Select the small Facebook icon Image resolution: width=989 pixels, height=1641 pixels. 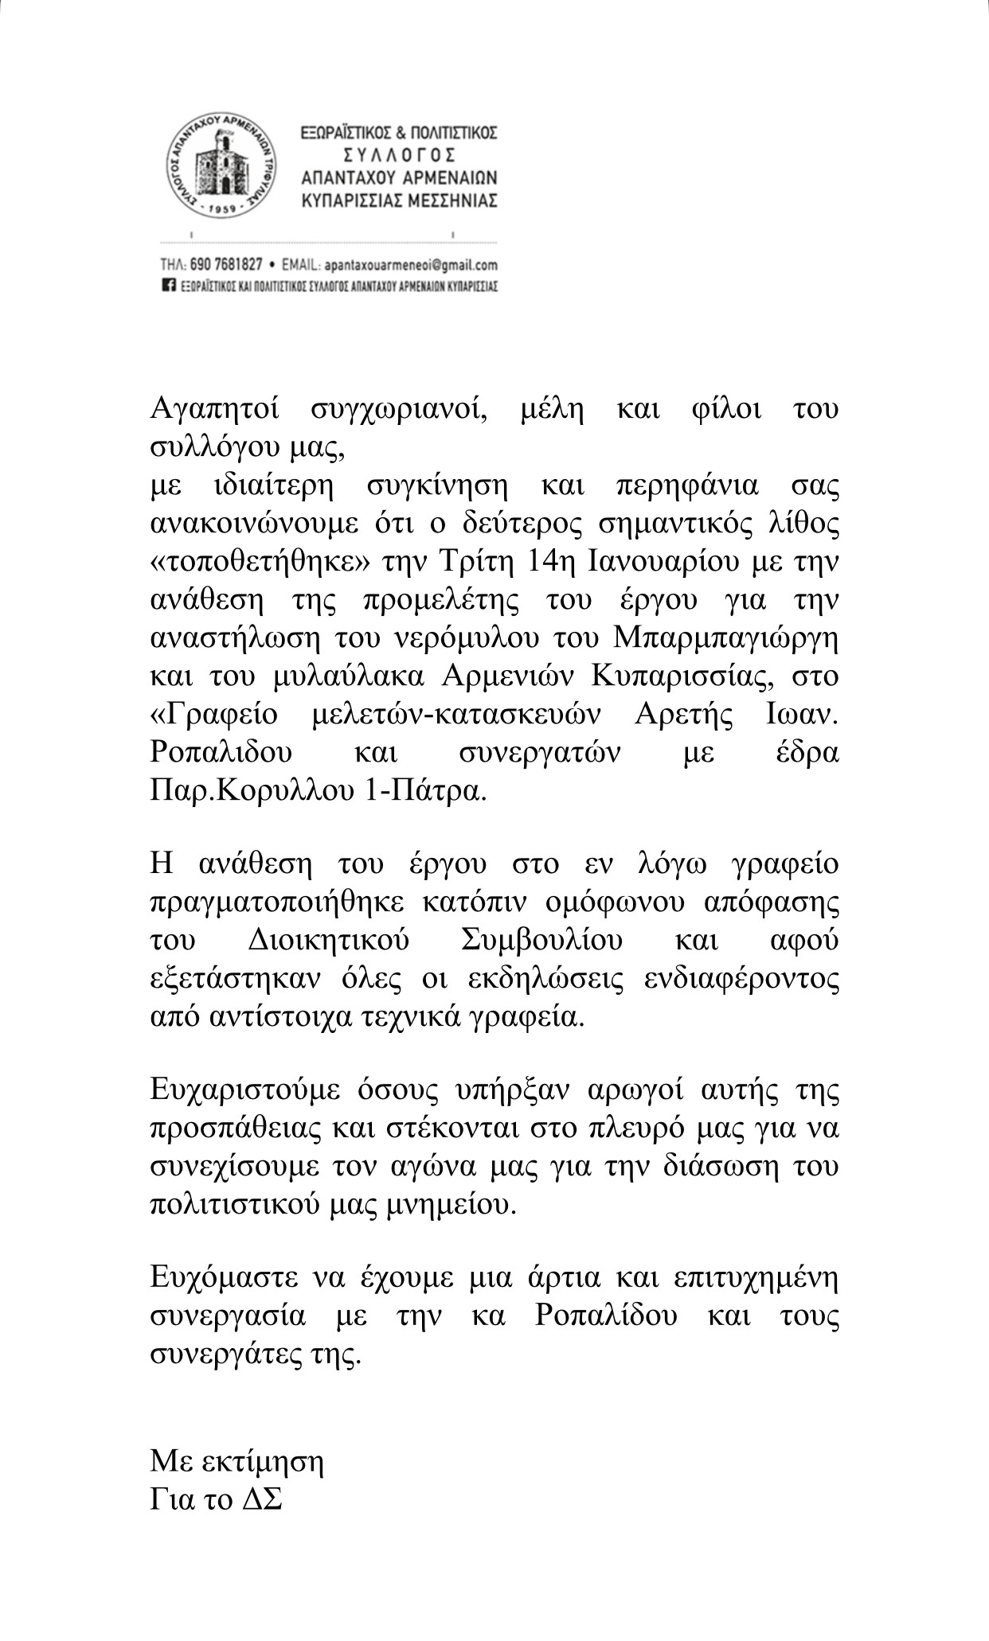[167, 285]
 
